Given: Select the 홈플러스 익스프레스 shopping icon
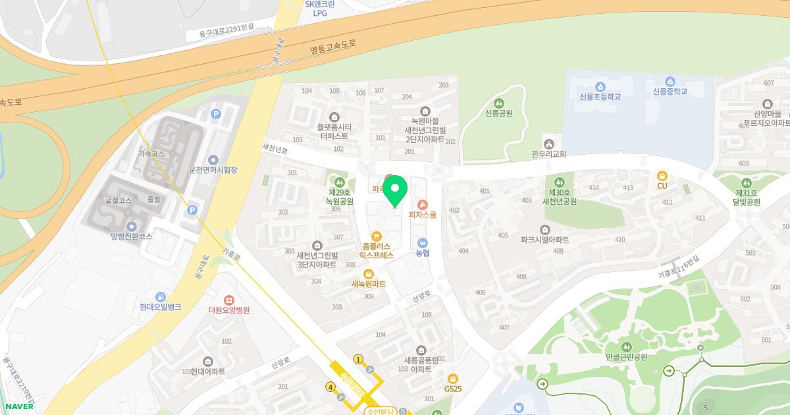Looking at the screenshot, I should tap(376, 236).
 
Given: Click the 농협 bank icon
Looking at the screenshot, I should tap(422, 242).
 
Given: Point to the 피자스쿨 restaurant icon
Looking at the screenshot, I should tap(422, 204).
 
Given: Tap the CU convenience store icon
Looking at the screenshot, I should tap(662, 175).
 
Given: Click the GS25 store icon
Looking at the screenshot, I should tap(452, 378).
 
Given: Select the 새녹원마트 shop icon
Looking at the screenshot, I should tap(369, 273).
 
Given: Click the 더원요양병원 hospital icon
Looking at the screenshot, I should tap(228, 300).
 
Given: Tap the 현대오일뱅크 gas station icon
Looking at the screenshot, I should tap(160, 296).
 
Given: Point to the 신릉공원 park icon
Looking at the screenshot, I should tap(498, 103).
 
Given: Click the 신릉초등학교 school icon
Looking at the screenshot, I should tap(600, 86).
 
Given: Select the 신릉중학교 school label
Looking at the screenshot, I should tap(670, 92).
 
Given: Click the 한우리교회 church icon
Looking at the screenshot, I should tap(548, 144).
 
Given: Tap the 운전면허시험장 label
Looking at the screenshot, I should tap(213, 170).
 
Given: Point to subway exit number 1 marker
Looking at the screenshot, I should tap(359, 359).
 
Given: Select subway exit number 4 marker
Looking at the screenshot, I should tap(330, 387).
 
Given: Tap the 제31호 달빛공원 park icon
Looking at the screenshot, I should tap(747, 182).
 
